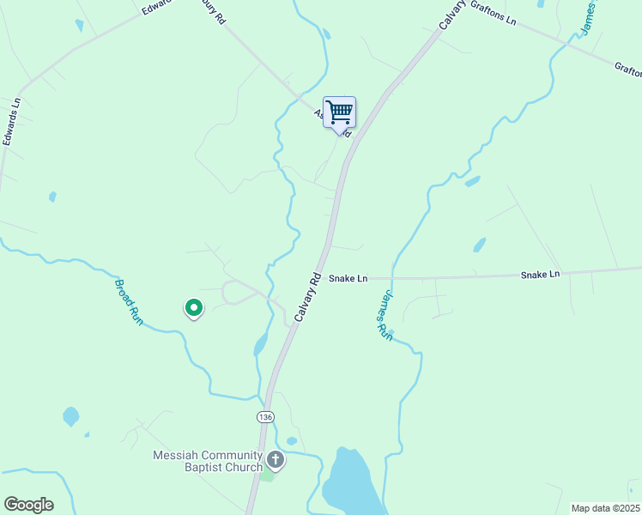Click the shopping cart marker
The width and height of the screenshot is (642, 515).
click(x=340, y=112)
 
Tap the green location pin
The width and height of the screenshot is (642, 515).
click(x=194, y=307)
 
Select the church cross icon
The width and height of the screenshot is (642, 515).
click(x=275, y=459)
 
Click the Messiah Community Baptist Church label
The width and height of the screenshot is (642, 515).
click(x=208, y=461)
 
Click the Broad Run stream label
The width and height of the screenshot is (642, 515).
click(x=129, y=300)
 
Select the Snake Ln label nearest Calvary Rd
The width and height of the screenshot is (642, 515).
click(x=348, y=278)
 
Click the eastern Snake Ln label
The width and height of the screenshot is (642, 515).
click(x=540, y=274)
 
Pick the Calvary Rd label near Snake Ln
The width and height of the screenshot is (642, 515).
click(x=307, y=297)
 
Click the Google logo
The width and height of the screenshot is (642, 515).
click(x=28, y=505)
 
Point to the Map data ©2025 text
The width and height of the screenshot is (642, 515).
click(x=605, y=508)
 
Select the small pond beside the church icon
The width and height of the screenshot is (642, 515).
click(x=292, y=441)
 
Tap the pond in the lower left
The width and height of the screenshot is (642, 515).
click(x=70, y=417)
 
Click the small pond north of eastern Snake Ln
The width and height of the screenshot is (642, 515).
click(x=479, y=245)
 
